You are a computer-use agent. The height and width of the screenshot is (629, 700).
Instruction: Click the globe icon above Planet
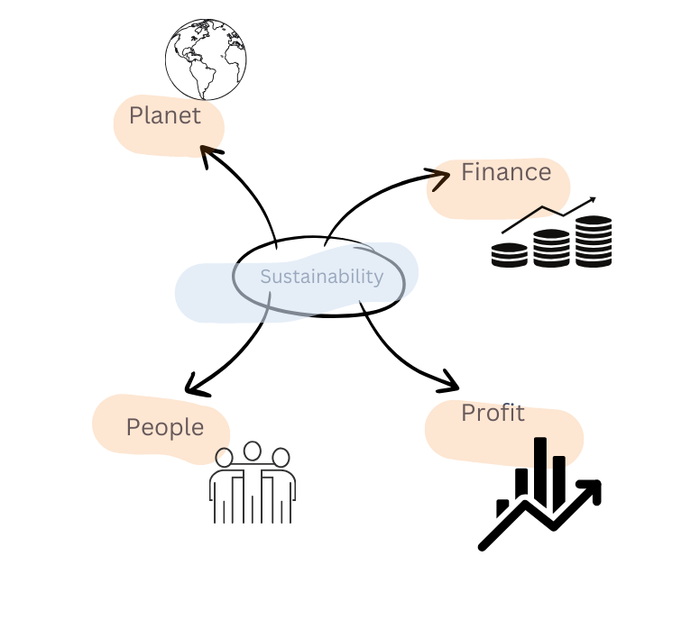pos(206,59)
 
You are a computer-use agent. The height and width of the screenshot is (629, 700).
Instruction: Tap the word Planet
pos(165,116)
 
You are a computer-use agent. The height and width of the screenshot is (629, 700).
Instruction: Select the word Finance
pos(506,172)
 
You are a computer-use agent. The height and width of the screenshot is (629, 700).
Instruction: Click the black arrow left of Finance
pos(439,178)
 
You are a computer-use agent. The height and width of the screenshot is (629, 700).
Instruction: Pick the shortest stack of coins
pos(509,254)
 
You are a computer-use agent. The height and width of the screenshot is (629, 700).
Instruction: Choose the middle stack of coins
pos(551,248)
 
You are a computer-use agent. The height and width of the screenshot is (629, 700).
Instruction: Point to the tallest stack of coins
pos(594,241)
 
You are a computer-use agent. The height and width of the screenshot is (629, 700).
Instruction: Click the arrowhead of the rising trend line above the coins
pos(592,199)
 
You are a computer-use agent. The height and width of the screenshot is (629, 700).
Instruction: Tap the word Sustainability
pos(321,277)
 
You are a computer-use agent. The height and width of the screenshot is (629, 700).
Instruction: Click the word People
pos(165,427)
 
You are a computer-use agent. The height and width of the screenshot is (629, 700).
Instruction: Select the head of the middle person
pos(253,451)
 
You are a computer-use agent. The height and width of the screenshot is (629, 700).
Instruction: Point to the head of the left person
pos(224,458)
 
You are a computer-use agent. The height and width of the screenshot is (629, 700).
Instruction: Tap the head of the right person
pos(281,458)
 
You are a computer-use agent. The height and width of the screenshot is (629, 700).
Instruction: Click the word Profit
pos(493,413)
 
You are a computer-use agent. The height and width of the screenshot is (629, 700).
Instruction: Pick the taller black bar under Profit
pos(540,453)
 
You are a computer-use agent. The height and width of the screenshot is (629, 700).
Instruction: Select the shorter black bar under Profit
pos(559,462)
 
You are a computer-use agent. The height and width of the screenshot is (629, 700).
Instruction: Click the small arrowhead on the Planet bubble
pos(209,150)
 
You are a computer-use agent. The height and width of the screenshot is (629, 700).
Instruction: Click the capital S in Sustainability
pos(266,277)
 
